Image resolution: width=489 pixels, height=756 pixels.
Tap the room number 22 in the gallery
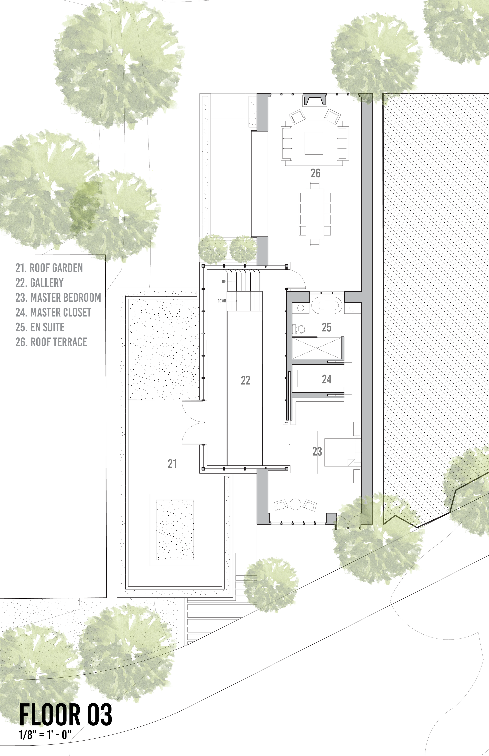click(245, 380)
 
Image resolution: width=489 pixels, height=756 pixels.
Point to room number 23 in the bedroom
click(317, 451)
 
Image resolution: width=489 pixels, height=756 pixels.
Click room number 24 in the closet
click(326, 379)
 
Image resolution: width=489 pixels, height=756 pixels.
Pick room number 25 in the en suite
click(326, 327)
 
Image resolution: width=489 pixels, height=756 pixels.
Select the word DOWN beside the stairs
click(222, 301)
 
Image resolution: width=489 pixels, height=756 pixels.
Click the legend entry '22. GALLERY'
click(39, 283)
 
